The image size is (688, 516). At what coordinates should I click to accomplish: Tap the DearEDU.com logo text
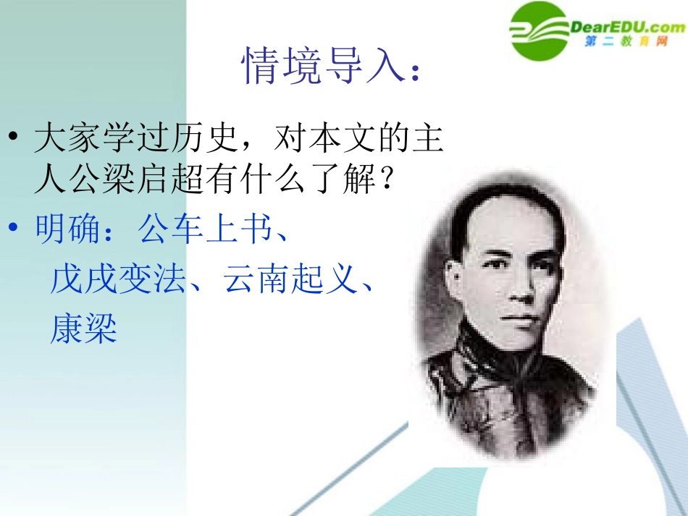(x=627, y=28)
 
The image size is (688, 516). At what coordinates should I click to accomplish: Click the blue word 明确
(x=68, y=230)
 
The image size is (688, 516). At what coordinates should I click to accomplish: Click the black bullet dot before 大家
(x=16, y=139)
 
